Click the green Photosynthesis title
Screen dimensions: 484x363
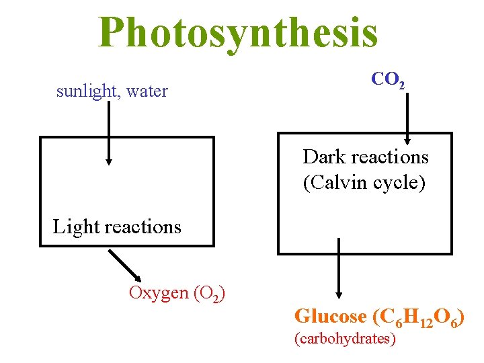click(238, 32)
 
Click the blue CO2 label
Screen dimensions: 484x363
click(388, 80)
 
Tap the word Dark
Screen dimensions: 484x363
click(324, 157)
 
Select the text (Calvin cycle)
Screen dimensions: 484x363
click(364, 183)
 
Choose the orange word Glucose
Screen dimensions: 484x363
click(330, 315)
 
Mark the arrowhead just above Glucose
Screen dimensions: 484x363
click(338, 294)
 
